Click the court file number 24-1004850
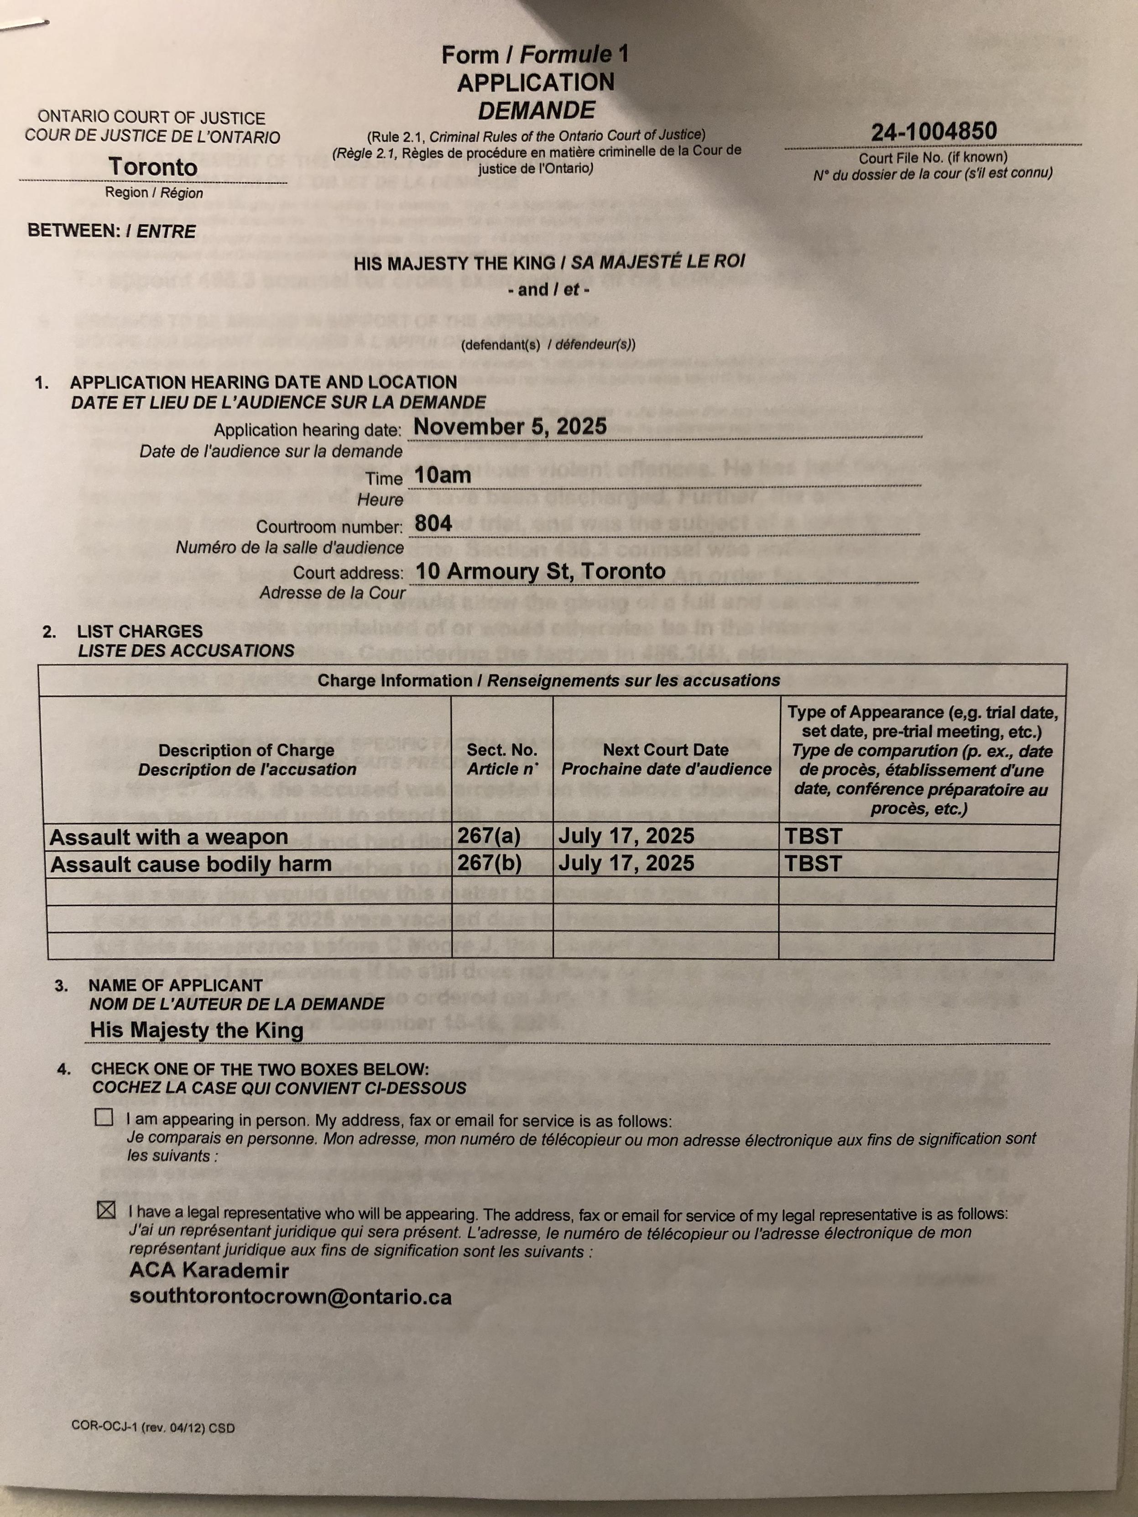coord(934,131)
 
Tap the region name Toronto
coord(152,167)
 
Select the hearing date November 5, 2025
coord(510,427)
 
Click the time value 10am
coord(443,475)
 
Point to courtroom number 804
coord(433,523)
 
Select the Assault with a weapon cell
coord(169,837)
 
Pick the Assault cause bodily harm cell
coord(191,864)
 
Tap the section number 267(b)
coord(490,863)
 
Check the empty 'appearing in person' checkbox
coord(104,1117)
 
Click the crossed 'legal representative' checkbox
coord(106,1210)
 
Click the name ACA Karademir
coord(209,1270)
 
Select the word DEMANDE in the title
coord(537,110)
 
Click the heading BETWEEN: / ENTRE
coord(112,231)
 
